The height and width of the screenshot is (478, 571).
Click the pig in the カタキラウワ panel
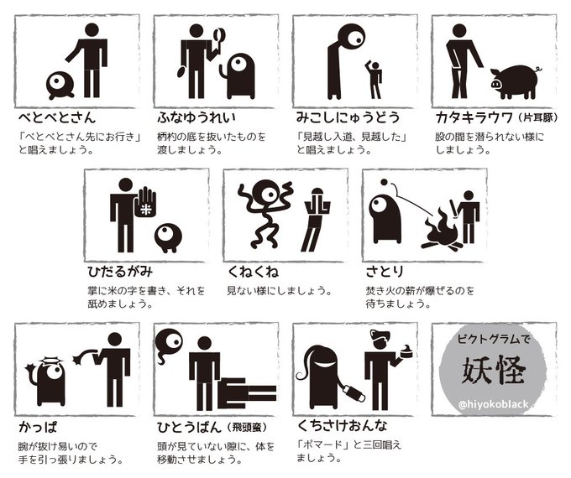coord(514,82)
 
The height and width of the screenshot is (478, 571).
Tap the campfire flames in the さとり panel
coord(442,228)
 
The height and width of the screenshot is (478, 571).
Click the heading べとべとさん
coord(57,117)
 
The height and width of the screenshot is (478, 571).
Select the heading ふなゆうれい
coord(196,117)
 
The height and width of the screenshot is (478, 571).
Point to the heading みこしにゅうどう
coord(348,117)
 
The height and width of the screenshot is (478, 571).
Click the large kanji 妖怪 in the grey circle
coord(494,371)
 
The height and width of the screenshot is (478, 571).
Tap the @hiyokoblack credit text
coord(494,404)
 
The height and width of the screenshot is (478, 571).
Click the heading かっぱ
coord(38,426)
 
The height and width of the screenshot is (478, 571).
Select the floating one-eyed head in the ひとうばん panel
coord(168,343)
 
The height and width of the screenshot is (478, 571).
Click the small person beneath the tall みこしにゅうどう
coord(374,80)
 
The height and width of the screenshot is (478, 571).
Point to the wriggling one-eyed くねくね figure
coord(265,213)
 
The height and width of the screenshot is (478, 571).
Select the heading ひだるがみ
coord(120,272)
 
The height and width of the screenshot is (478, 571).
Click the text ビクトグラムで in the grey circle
coord(494,339)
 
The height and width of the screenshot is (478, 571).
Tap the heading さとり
coord(385,272)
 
